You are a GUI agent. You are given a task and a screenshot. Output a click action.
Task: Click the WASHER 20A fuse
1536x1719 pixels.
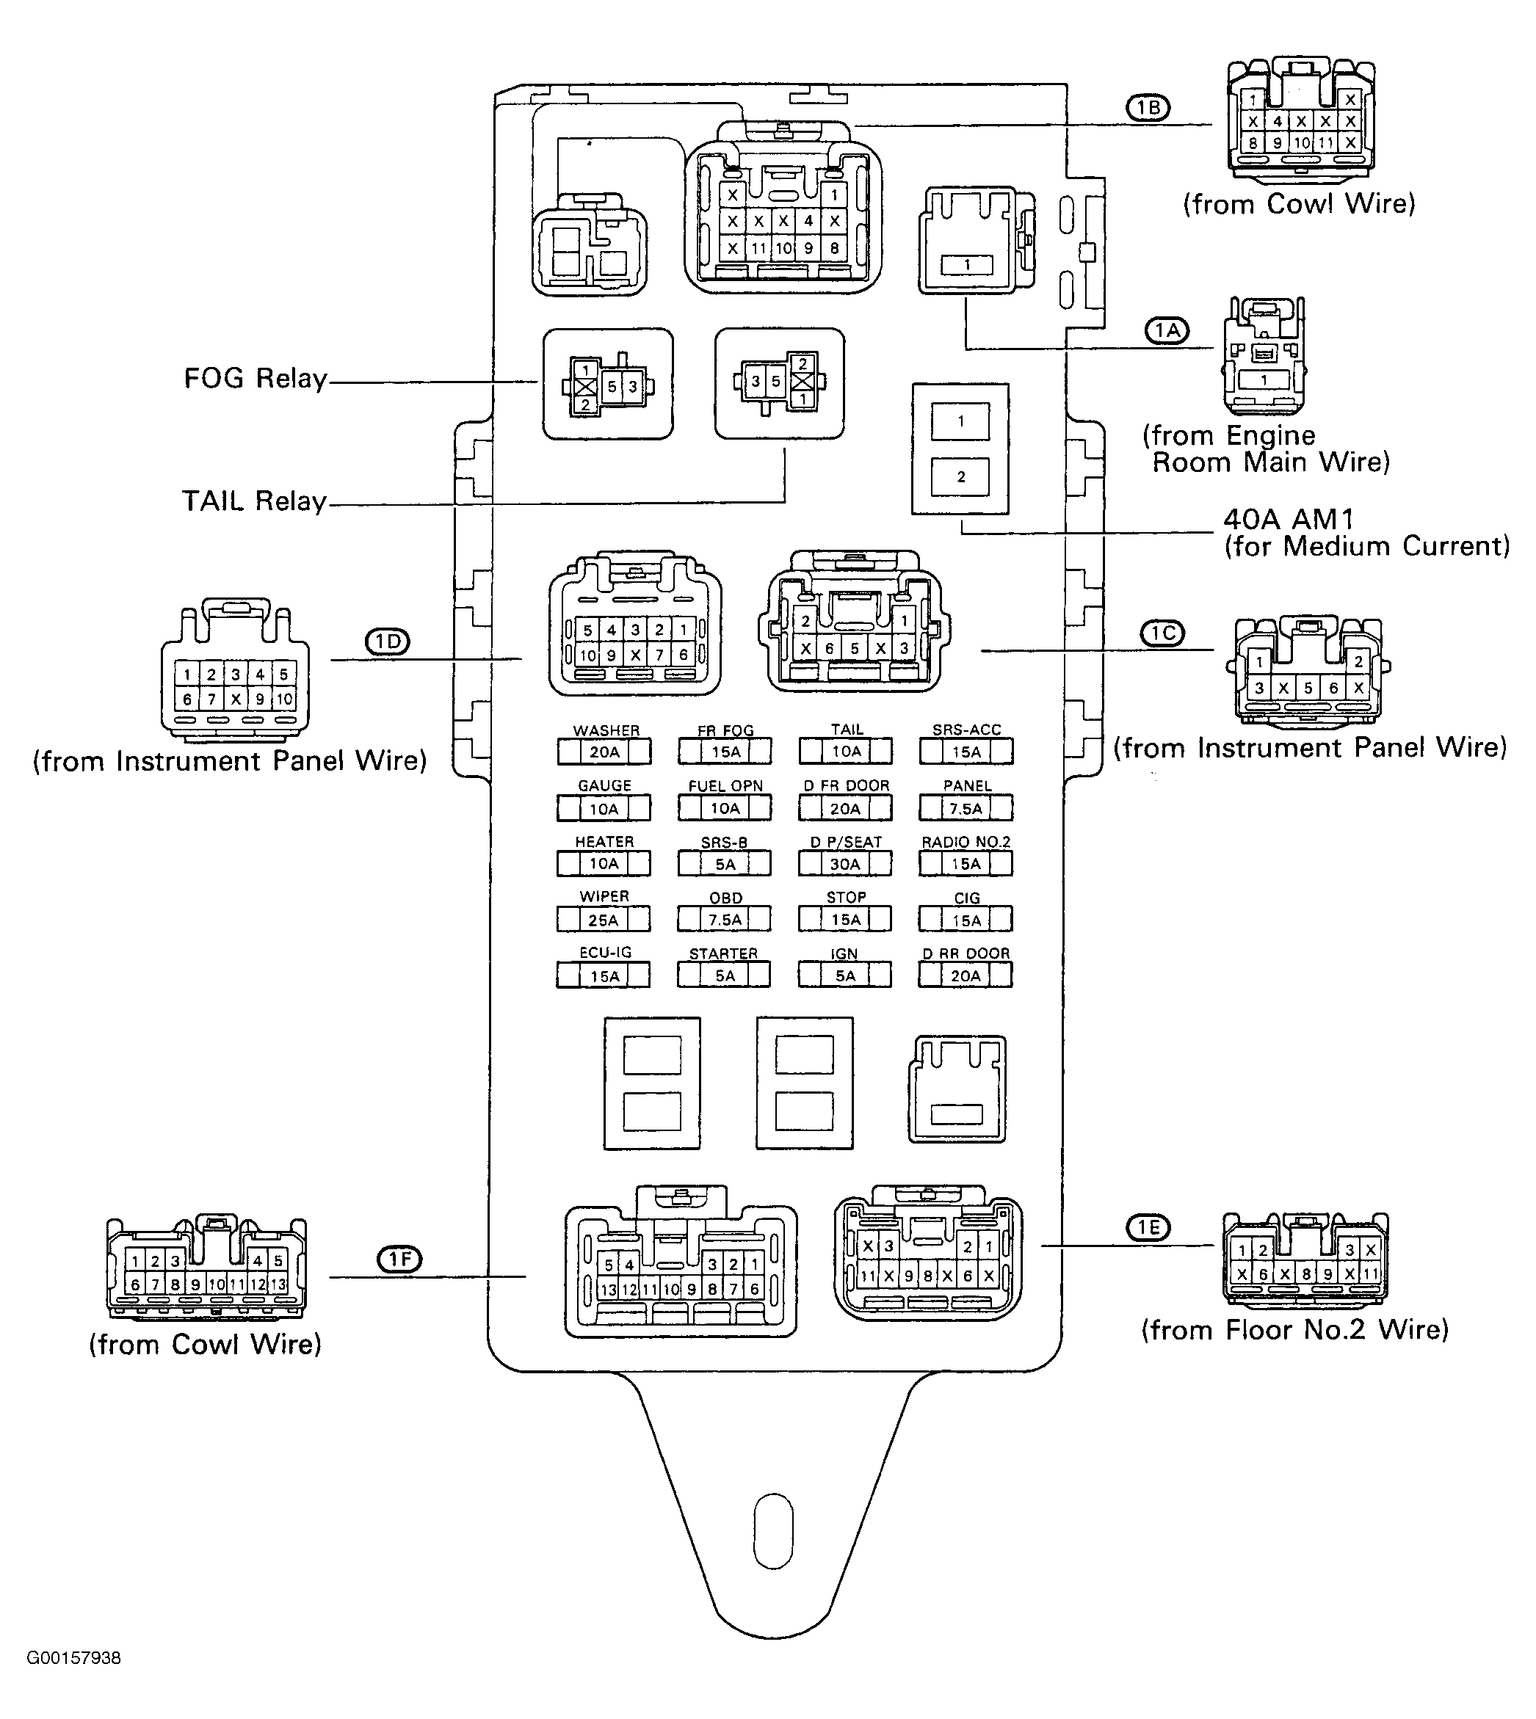(x=604, y=752)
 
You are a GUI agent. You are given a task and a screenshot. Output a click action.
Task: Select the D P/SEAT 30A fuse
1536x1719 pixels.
(x=845, y=864)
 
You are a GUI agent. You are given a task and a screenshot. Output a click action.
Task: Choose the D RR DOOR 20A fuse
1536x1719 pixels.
(x=966, y=975)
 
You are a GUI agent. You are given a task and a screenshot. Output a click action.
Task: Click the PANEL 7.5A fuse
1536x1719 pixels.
(x=966, y=808)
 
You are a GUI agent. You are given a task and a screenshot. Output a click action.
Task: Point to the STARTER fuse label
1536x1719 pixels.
(x=723, y=953)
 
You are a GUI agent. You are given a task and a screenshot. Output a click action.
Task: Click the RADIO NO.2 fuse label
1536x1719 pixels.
(x=966, y=842)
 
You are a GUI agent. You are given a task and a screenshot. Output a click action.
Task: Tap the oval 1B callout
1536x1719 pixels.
(x=1148, y=108)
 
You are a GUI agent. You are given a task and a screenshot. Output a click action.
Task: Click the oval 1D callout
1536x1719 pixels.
(x=388, y=643)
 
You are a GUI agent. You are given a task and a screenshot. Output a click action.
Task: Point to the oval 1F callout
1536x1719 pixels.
(x=399, y=1260)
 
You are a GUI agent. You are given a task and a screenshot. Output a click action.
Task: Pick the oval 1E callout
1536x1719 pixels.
(x=1148, y=1228)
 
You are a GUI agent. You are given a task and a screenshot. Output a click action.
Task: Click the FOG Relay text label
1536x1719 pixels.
(x=255, y=378)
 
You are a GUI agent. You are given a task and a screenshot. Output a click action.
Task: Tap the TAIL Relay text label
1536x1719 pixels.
(x=254, y=501)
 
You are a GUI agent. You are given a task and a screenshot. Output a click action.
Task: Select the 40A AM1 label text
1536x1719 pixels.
(x=1288, y=519)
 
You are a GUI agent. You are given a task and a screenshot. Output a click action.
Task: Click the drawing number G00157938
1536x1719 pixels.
(x=73, y=1658)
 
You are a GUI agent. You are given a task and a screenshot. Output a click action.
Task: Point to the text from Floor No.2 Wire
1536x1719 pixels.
(x=1295, y=1330)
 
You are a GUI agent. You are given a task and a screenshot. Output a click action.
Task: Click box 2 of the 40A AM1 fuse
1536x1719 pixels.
(x=960, y=476)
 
